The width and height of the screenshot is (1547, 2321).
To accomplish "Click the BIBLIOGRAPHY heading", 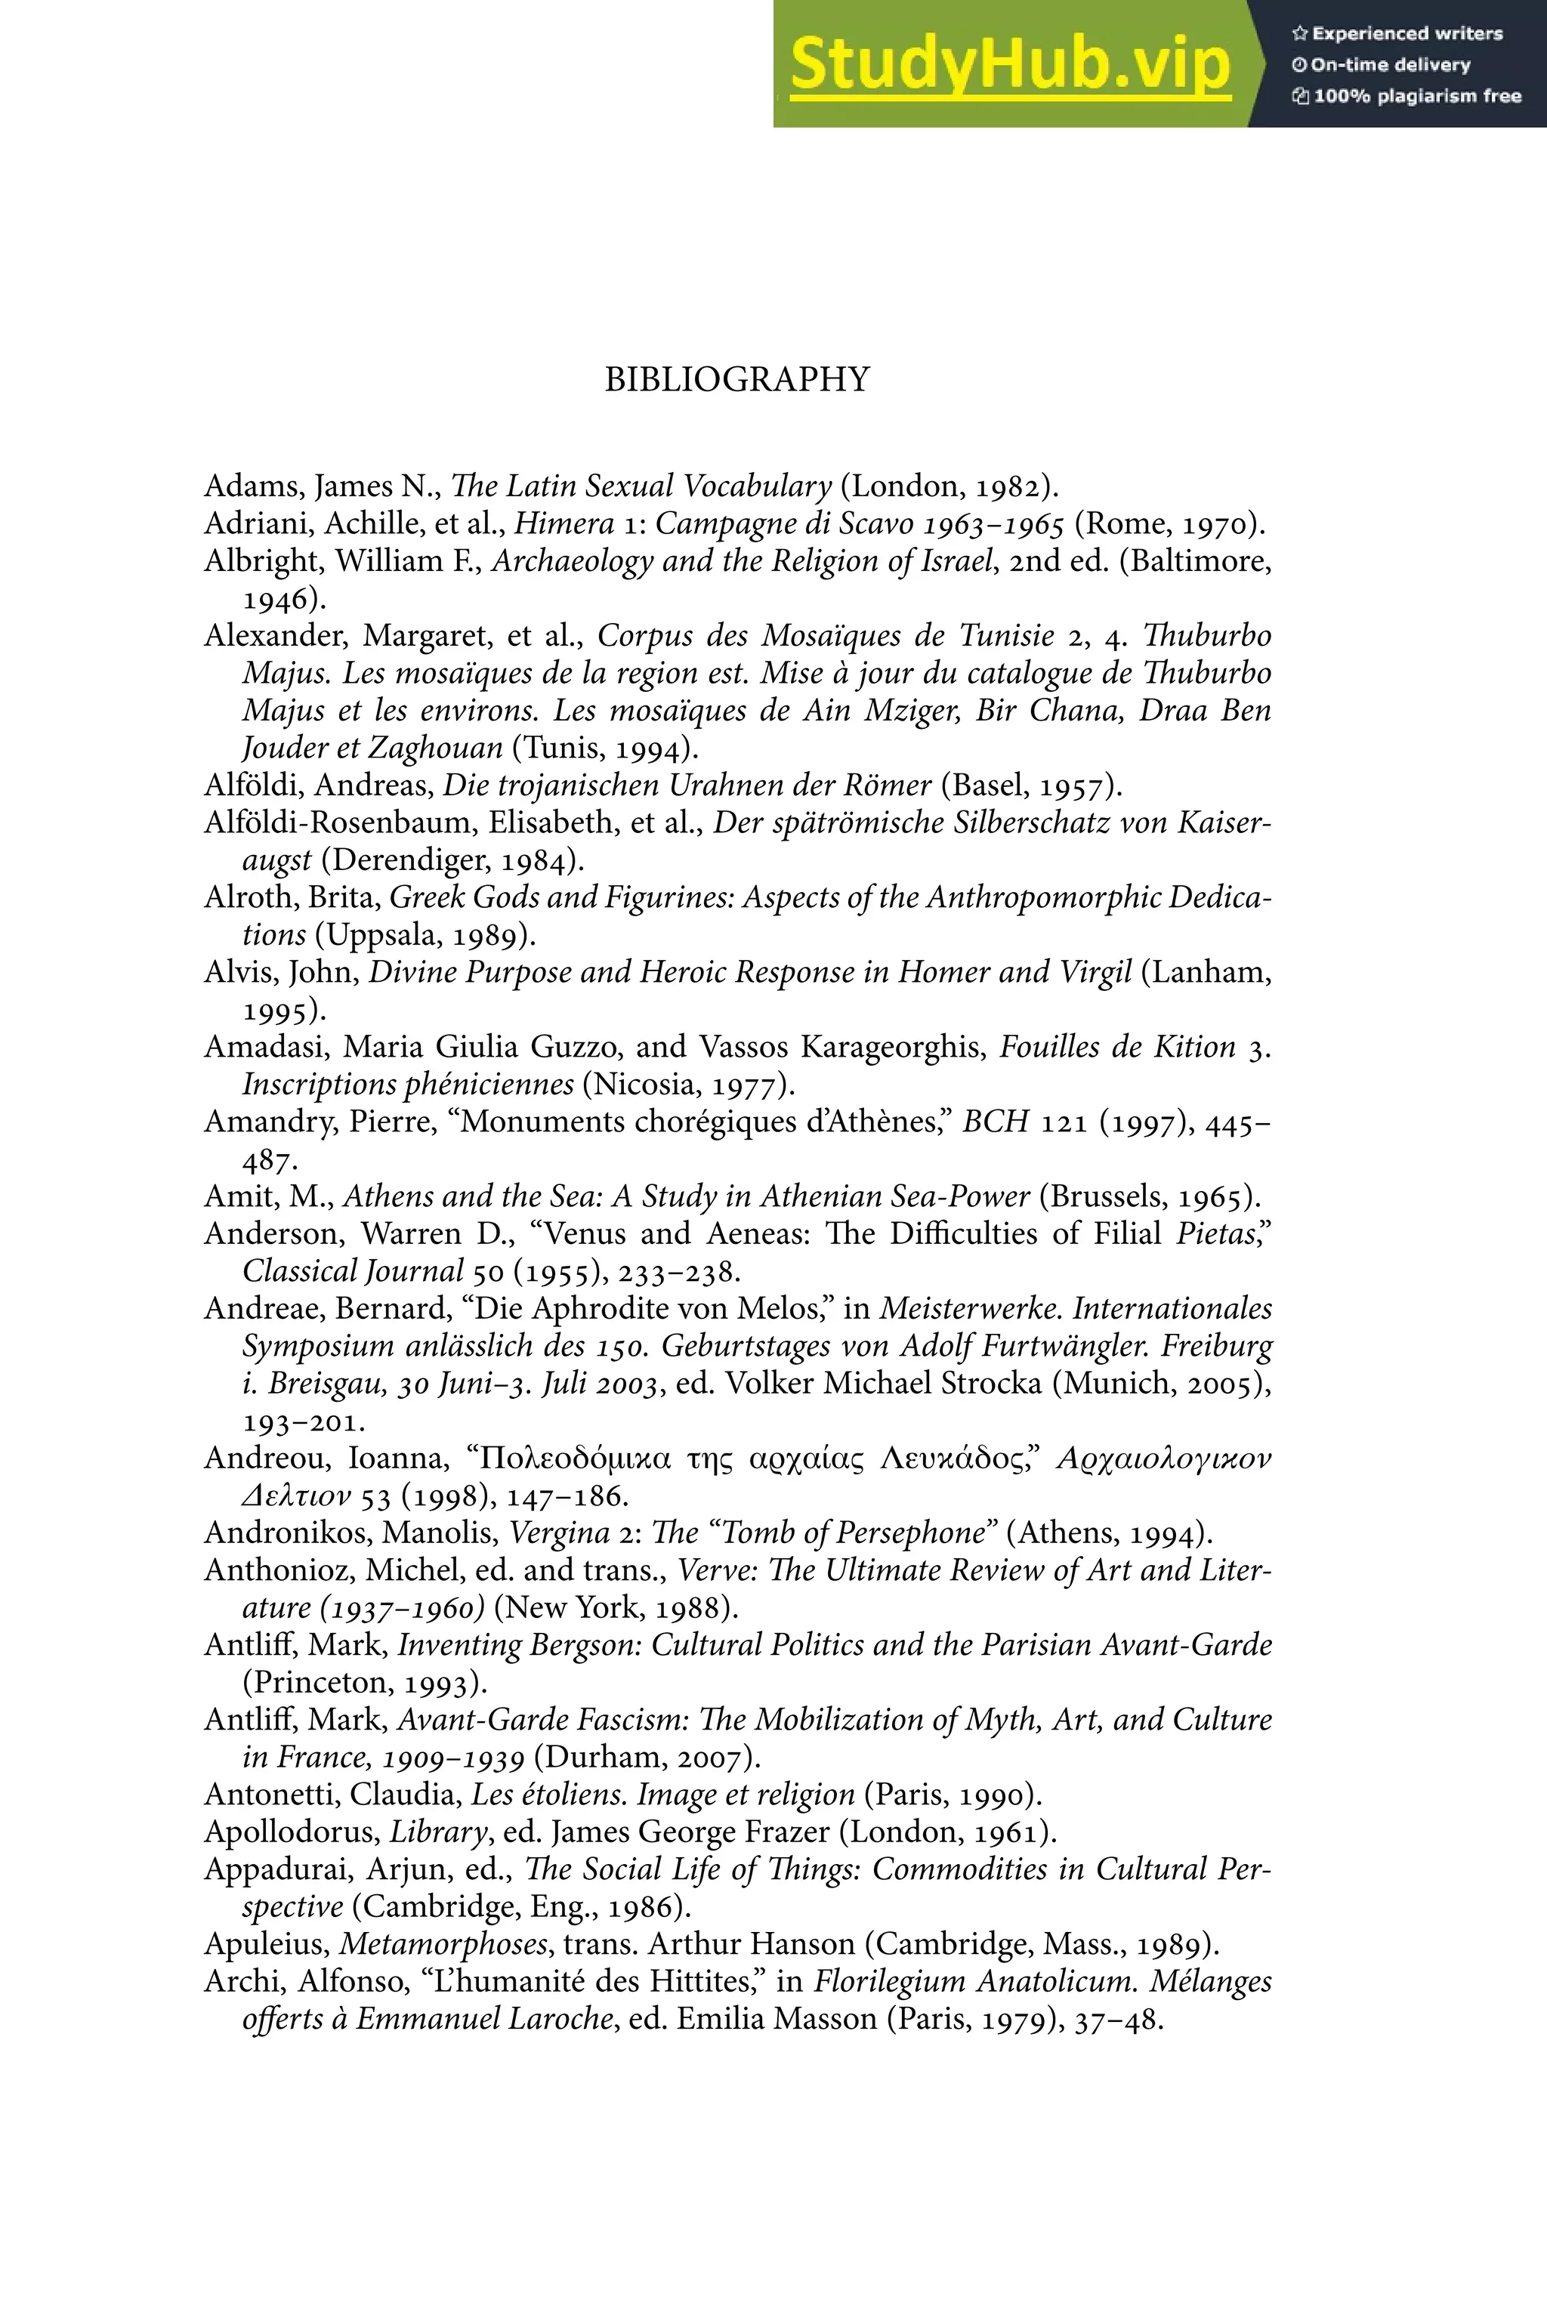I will (737, 380).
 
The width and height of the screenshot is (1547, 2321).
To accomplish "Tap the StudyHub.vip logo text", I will (1009, 64).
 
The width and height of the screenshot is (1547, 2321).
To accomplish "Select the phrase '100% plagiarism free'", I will (1417, 97).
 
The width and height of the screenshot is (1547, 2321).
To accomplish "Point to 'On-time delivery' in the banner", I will (1390, 65).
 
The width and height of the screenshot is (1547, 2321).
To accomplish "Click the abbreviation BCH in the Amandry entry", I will (996, 1122).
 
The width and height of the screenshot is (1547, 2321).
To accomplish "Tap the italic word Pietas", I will (1215, 1234).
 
